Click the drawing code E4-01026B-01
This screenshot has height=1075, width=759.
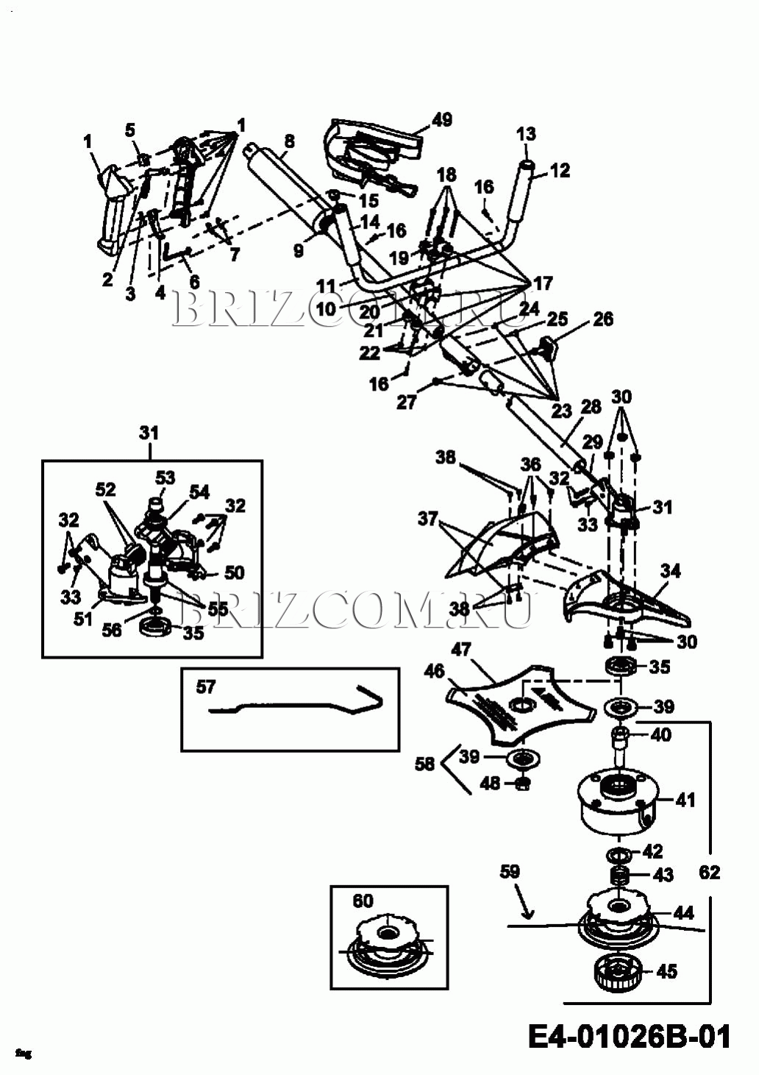click(630, 1037)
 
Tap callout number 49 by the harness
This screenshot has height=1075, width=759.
click(442, 119)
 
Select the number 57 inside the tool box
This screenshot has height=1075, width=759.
click(206, 687)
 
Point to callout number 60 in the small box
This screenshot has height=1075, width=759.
click(363, 901)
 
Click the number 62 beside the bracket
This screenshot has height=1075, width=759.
click(709, 872)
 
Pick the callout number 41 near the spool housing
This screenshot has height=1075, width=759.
click(685, 799)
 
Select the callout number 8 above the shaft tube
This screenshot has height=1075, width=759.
click(289, 141)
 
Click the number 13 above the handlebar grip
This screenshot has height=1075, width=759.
click(526, 134)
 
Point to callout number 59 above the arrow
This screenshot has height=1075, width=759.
click(510, 872)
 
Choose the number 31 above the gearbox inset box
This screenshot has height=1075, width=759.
click(149, 433)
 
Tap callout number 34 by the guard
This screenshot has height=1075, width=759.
click(670, 571)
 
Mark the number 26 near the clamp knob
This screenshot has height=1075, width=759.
click(603, 319)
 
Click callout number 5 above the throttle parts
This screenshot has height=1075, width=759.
click(130, 130)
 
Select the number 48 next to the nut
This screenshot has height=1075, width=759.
click(490, 783)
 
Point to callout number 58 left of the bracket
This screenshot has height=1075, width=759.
click(424, 764)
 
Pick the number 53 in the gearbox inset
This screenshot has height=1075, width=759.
click(165, 478)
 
